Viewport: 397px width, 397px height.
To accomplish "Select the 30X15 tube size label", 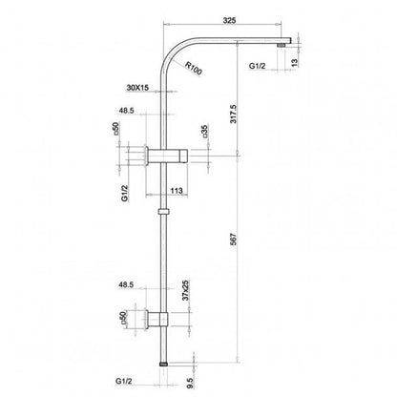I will pos(137,88).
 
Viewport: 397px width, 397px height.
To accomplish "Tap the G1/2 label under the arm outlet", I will pos(258,69).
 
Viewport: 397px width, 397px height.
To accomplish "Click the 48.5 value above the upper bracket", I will pos(126,110).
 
